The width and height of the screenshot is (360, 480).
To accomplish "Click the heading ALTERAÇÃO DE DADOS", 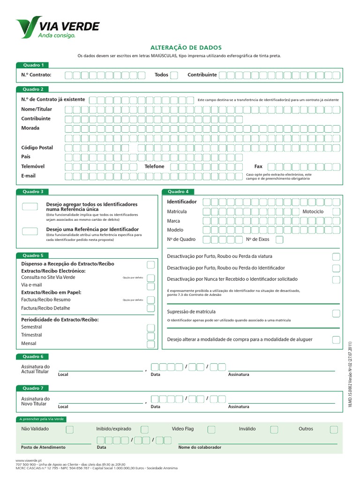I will tap(183, 48).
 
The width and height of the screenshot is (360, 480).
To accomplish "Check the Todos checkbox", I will tap(174, 75).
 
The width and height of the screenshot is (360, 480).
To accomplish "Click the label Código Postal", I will tap(37, 148).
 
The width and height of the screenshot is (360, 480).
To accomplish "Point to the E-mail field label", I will tap(28, 176).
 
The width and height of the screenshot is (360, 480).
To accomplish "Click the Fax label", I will tap(258, 166).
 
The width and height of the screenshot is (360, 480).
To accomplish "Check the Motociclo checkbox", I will tap(336, 212).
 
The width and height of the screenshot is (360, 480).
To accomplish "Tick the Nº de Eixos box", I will tap(279, 240).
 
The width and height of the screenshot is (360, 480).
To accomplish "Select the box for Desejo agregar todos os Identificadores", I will tap(30, 206).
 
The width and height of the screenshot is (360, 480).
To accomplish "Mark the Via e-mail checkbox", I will tap(151, 286).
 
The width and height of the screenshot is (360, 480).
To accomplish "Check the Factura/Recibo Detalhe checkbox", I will tap(151, 308).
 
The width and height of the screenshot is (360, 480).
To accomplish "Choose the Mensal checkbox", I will tap(151, 344).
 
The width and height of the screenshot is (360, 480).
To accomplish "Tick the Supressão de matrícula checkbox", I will tap(336, 313).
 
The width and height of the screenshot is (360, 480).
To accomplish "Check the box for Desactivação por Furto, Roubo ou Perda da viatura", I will tap(336, 257).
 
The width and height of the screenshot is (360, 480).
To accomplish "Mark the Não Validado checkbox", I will tap(69, 429).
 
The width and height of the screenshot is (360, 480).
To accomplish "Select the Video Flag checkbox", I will tap(211, 429).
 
